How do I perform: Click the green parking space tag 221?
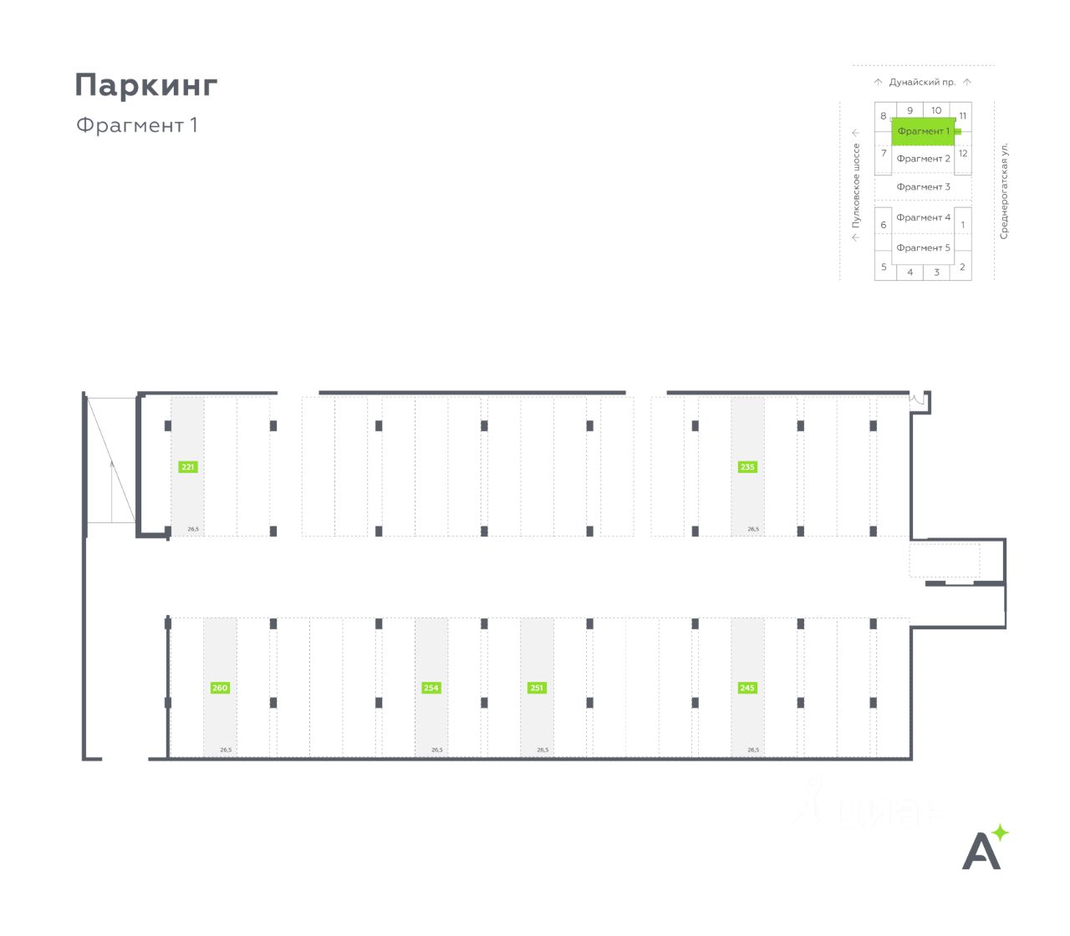click(188, 467)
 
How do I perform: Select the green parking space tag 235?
click(747, 467)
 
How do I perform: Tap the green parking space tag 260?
click(220, 688)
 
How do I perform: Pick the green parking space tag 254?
click(431, 688)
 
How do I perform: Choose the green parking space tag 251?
click(537, 688)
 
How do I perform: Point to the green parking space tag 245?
click(747, 688)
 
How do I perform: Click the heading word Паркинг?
click(146, 85)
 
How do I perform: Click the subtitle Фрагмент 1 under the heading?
click(137, 125)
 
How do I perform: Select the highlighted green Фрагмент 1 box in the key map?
click(923, 131)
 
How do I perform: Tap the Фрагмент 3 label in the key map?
click(923, 187)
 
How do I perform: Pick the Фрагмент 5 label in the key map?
click(923, 247)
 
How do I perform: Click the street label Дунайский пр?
click(922, 83)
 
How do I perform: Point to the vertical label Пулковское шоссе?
click(856, 186)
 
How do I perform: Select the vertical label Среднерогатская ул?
click(1005, 191)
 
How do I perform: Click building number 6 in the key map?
click(884, 225)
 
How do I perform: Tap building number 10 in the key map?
click(936, 110)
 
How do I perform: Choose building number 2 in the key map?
click(962, 267)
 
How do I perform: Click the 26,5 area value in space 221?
click(193, 529)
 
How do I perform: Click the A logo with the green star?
click(985, 847)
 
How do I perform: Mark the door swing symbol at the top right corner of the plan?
click(919, 399)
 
